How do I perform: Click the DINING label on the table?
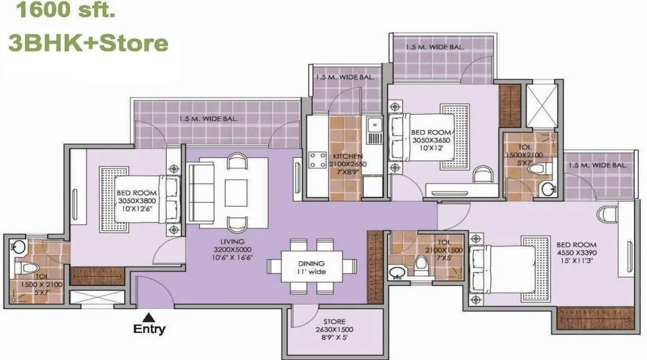tap(311, 263)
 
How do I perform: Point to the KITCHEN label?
tap(348, 156)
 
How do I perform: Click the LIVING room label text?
tap(233, 241)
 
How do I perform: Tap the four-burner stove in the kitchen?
tap(318, 160)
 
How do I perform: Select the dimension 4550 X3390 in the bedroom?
tap(576, 253)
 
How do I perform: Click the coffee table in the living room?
tap(236, 192)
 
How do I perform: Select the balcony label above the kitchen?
tap(344, 77)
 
